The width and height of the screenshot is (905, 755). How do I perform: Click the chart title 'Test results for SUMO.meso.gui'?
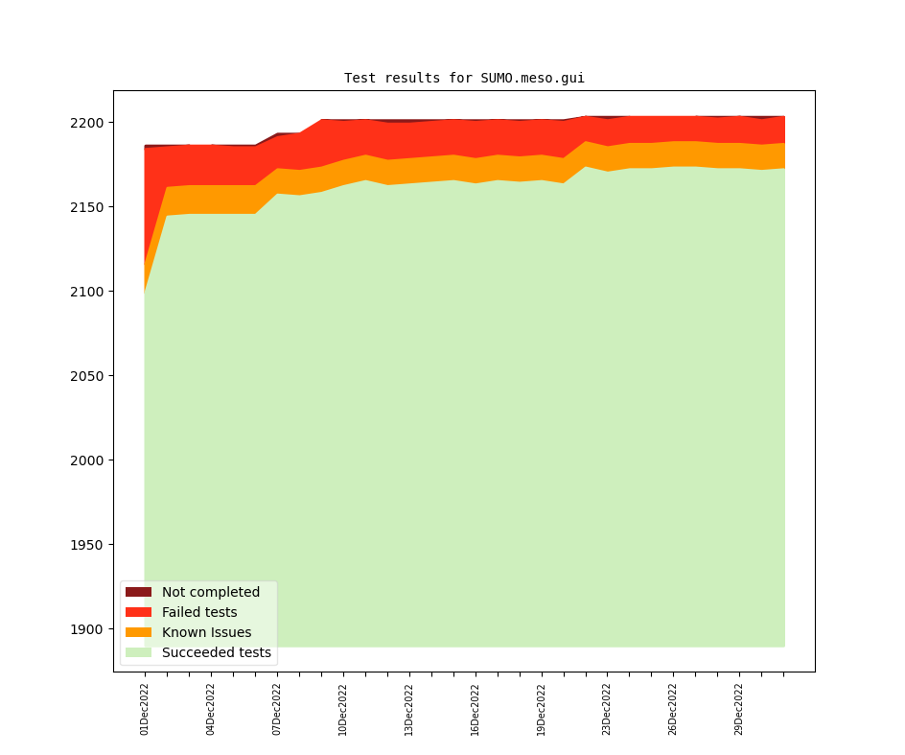(464, 78)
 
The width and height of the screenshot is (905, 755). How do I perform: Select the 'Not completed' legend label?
(210, 592)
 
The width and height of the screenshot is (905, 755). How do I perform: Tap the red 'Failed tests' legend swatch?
(138, 612)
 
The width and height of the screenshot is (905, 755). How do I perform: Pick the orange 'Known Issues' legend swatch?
(138, 632)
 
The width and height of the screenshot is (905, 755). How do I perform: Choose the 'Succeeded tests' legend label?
(216, 652)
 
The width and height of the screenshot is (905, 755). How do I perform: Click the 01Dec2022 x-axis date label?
(145, 709)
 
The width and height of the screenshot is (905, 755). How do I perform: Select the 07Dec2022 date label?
(277, 709)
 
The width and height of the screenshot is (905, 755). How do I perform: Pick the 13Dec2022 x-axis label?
(409, 709)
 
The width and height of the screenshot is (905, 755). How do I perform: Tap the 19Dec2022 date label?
(542, 709)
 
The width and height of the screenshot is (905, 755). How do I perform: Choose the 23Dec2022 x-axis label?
(607, 709)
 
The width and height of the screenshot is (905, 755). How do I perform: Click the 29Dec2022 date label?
(739, 709)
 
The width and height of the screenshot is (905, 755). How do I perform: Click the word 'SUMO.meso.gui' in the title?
(532, 78)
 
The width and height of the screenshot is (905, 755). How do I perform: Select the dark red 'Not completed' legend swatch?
(138, 592)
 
